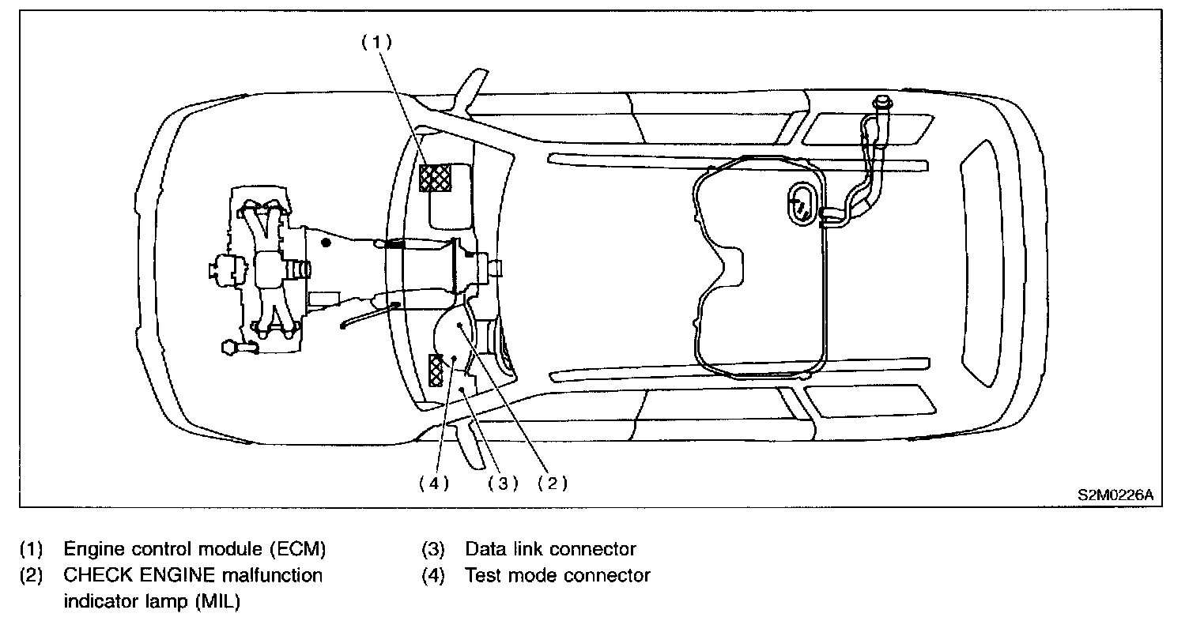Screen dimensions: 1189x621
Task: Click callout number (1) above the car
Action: pos(376,42)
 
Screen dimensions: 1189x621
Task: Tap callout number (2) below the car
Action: pos(553,483)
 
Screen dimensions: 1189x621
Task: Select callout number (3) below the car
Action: pos(503,483)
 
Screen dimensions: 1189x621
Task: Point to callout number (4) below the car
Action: pos(434,483)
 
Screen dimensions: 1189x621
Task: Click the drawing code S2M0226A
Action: pos(1115,495)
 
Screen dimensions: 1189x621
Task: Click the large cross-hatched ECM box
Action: pos(436,178)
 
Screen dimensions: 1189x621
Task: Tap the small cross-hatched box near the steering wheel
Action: pos(436,371)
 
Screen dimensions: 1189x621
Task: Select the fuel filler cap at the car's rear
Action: pos(882,102)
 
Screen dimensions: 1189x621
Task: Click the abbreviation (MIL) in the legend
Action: pos(218,601)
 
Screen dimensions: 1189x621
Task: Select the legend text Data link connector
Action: pos(550,549)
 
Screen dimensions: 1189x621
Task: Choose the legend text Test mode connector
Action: pos(557,575)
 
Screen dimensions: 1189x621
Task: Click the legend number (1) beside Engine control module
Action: pos(31,549)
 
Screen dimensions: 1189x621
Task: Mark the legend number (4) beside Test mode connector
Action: pos(433,575)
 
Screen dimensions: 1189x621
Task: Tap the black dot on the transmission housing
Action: pos(327,243)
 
